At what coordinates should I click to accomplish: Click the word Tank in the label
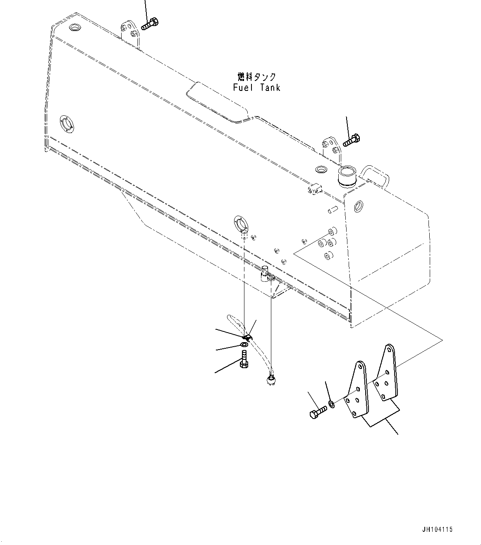click(270, 88)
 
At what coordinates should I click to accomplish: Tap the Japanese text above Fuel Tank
click(257, 77)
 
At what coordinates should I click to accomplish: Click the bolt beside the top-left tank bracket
click(150, 24)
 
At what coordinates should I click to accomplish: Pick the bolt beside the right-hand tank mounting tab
click(352, 140)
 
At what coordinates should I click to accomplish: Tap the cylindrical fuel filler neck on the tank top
click(347, 176)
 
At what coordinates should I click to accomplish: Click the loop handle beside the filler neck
click(375, 175)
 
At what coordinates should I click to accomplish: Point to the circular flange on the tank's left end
click(67, 124)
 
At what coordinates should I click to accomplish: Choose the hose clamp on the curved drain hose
click(247, 338)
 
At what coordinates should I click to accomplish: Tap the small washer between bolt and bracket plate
click(332, 404)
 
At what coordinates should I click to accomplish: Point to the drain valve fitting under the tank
click(267, 275)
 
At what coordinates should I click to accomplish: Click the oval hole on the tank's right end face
click(359, 206)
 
